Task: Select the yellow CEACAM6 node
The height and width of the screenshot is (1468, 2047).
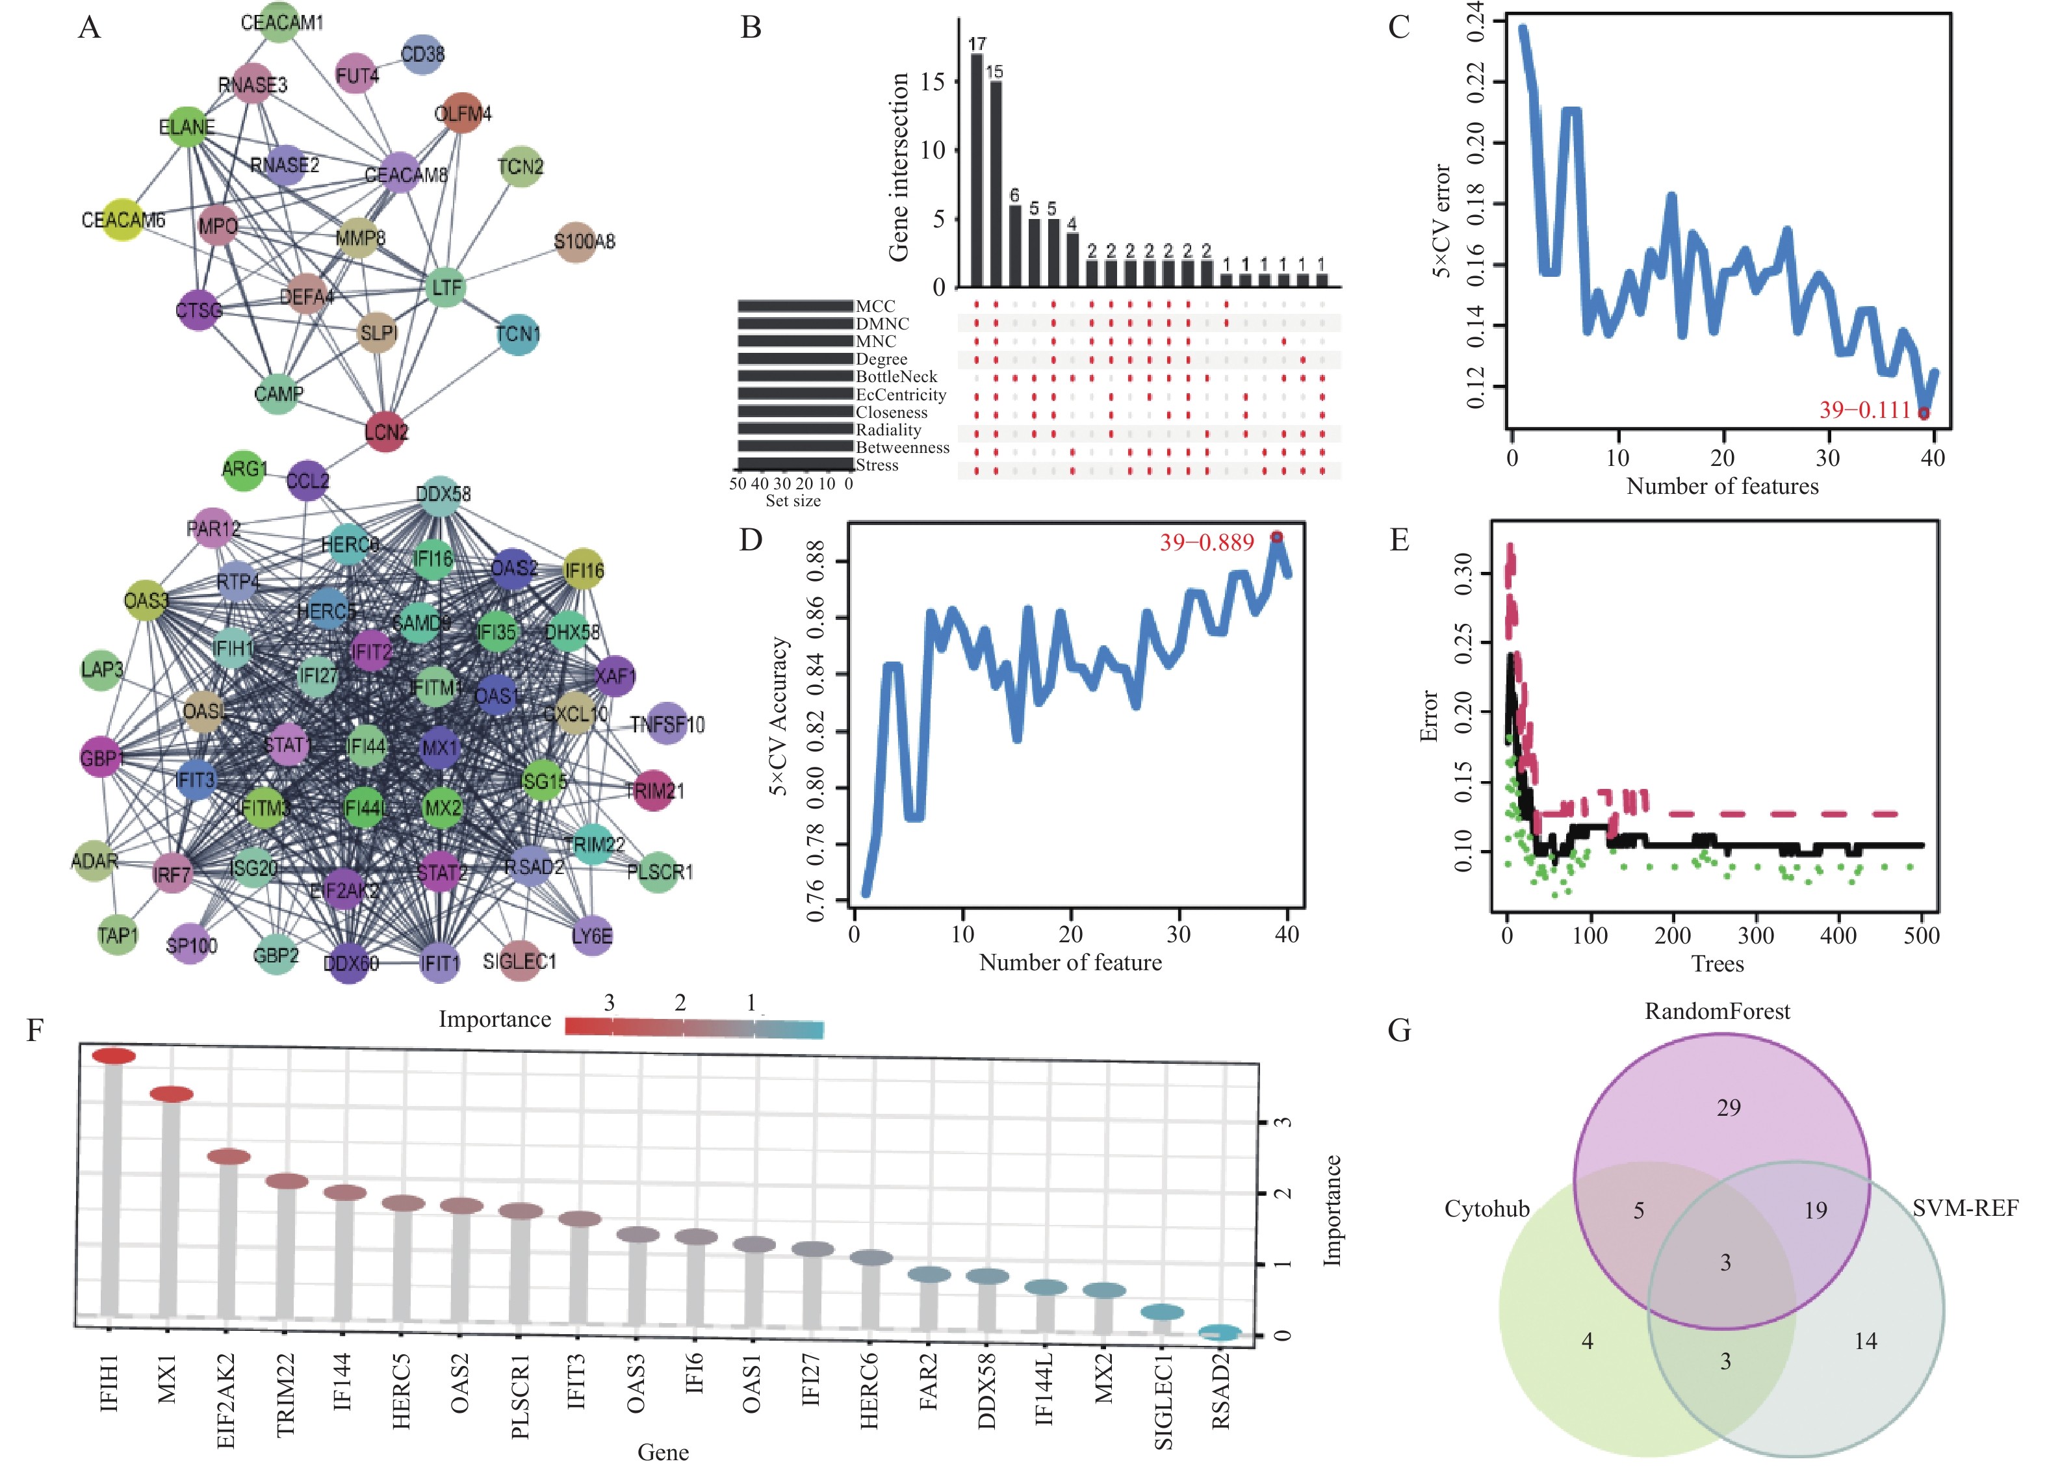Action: [x=123, y=220]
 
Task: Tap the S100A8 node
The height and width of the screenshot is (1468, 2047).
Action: [x=575, y=242]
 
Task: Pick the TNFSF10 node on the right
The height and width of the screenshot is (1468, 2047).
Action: [x=668, y=724]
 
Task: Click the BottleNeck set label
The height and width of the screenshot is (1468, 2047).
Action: [x=896, y=376]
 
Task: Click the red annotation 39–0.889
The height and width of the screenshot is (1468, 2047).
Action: [x=1207, y=543]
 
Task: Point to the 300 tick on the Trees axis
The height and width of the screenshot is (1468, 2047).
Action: [x=1755, y=935]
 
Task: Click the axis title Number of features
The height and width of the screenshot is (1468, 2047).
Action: [x=1722, y=487]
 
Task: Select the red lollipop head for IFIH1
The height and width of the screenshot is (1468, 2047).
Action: [x=114, y=1056]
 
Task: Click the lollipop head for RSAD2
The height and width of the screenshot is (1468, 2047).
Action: [x=1220, y=1332]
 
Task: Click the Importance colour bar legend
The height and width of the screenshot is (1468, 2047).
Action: [x=694, y=1027]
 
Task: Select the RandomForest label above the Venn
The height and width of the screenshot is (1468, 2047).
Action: [x=1717, y=1011]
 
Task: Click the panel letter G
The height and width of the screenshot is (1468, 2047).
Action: [x=1399, y=1030]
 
